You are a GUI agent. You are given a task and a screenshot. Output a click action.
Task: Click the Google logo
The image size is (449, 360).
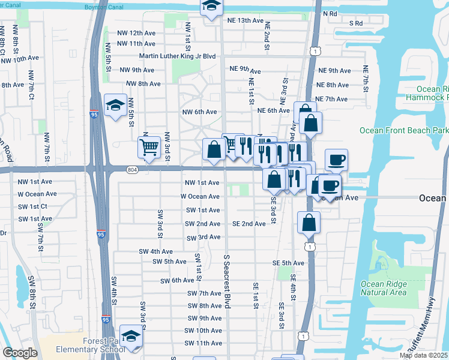(20, 353)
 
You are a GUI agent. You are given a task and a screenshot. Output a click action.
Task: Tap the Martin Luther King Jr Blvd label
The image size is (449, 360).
(177, 56)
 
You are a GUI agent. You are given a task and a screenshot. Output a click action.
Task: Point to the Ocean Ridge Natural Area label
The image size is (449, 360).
(384, 289)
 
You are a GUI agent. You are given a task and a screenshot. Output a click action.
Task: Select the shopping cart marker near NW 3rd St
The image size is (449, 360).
(149, 146)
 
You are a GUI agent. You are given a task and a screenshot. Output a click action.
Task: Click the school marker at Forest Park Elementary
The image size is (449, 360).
(131, 337)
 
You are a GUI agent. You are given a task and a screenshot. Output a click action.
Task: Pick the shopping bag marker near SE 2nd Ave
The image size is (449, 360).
(309, 222)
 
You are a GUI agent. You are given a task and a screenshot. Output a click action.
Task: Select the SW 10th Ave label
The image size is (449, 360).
(204, 331)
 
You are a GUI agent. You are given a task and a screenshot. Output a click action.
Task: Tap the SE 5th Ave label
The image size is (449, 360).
(289, 263)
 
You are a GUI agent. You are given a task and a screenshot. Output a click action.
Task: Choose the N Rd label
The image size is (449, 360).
(330, 13)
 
